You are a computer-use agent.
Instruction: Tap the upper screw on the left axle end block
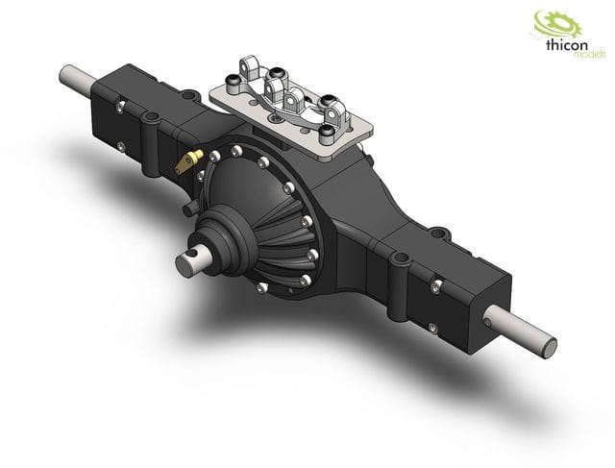pyautogui.click(x=122, y=99)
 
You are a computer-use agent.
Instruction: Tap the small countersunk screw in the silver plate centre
pyautogui.click(x=278, y=116)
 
